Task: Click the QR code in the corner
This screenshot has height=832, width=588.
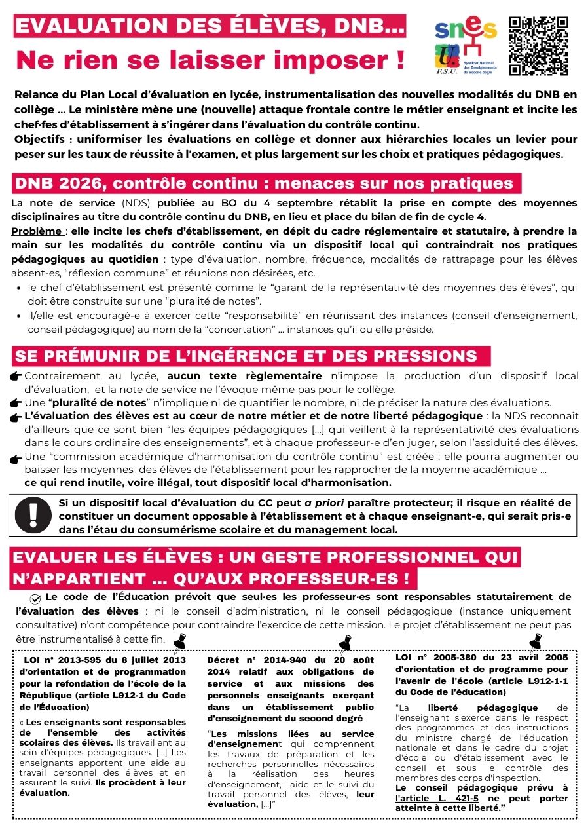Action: point(538,45)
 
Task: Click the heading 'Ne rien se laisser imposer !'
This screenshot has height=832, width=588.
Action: point(210,60)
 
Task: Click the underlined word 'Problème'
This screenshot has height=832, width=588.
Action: point(38,231)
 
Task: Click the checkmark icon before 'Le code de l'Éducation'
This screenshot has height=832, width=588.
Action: point(36,598)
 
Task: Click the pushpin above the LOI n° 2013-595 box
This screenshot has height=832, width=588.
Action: point(178,640)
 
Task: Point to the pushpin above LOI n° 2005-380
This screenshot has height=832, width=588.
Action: point(535,639)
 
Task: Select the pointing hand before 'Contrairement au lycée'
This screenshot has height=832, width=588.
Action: point(16,376)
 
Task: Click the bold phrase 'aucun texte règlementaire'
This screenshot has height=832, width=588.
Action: point(244,376)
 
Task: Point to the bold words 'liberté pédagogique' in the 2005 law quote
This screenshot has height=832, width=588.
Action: point(483,708)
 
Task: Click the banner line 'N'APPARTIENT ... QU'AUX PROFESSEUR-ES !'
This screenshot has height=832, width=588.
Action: point(213,578)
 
